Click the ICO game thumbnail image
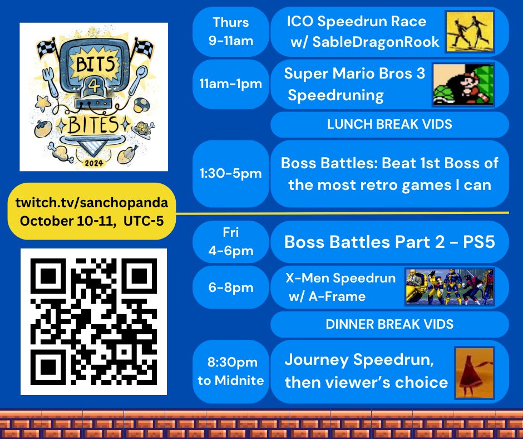point(470,32)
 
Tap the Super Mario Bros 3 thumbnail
point(463,85)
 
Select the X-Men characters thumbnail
point(450,287)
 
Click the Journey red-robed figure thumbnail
point(474,372)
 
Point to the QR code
point(93,321)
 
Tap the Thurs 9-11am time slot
point(230,32)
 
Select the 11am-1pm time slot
point(230,84)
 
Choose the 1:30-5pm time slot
point(230,174)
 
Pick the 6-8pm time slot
point(230,287)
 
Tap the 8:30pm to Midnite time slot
point(230,372)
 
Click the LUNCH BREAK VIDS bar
point(389,125)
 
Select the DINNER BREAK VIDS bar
point(389,324)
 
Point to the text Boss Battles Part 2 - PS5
point(389,242)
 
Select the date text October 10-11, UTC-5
point(91,220)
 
